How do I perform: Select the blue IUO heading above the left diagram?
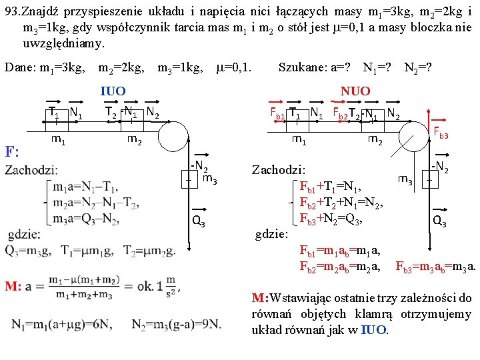[113, 91]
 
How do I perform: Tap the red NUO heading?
[355, 91]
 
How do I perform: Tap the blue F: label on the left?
[11, 151]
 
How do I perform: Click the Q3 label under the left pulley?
[198, 222]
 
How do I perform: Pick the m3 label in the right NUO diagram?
[405, 179]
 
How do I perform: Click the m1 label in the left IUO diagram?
[58, 139]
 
